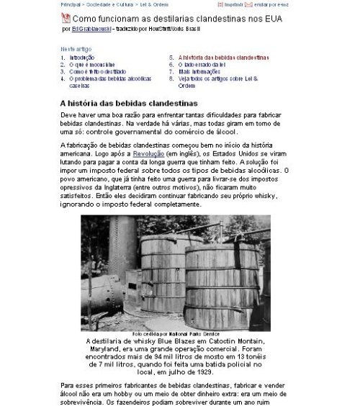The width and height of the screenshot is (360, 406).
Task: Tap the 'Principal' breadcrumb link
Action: [x=71, y=4]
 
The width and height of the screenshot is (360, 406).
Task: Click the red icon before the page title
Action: [x=66, y=17]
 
